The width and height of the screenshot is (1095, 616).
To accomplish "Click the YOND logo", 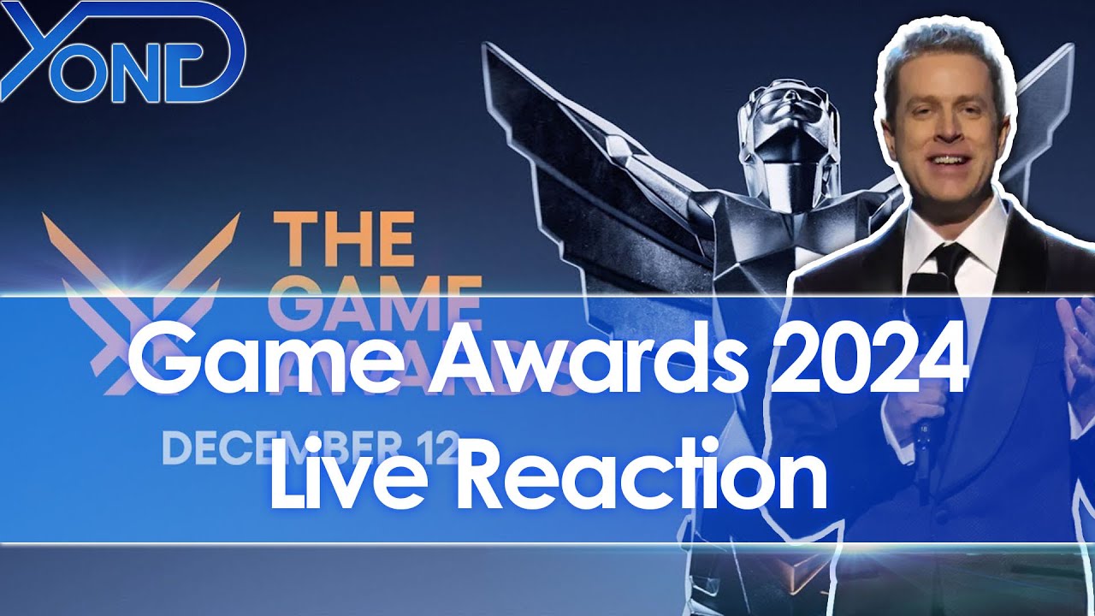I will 124,53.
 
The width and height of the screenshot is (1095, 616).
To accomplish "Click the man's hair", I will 941,56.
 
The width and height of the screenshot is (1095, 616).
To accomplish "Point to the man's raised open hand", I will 1074,334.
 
